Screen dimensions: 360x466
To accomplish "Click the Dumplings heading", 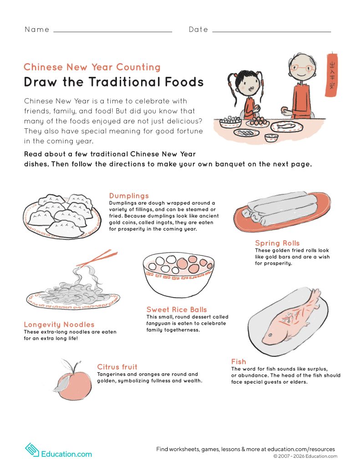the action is click(129, 196).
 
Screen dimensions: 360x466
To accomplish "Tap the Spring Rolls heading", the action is click(277, 243).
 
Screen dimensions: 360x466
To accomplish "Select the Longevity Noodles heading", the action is click(59, 324).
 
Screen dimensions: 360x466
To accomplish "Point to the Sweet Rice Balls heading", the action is click(177, 309).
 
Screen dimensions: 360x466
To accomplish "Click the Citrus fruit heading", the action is click(117, 367).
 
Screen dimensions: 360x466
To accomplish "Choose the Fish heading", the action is click(239, 362).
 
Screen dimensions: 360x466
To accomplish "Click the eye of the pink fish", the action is click(270, 335).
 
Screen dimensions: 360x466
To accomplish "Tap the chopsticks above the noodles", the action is click(97, 258).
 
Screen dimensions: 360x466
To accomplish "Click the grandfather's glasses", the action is click(301, 68).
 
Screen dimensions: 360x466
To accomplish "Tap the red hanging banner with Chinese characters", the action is click(331, 75).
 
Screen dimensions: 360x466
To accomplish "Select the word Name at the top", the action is click(37, 30).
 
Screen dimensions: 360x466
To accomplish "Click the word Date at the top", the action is click(198, 30).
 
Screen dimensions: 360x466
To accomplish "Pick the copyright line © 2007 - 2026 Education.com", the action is click(305, 456).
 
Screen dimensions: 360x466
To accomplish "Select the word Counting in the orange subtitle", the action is click(138, 67).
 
